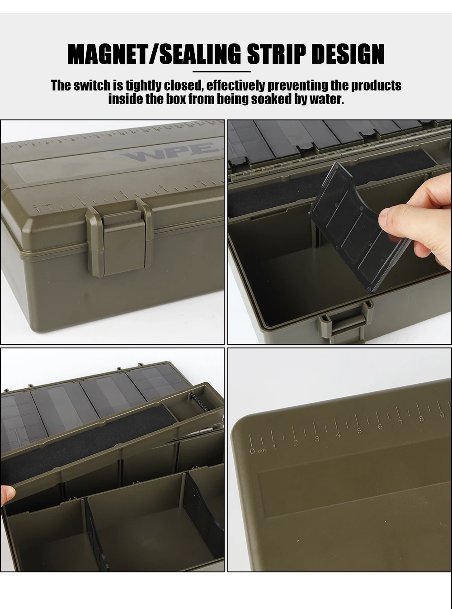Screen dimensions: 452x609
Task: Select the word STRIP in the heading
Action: [276, 54]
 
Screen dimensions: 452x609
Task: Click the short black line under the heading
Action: [222, 71]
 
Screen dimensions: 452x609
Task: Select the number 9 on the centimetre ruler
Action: [442, 415]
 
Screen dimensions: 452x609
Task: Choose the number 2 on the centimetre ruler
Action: [296, 443]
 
